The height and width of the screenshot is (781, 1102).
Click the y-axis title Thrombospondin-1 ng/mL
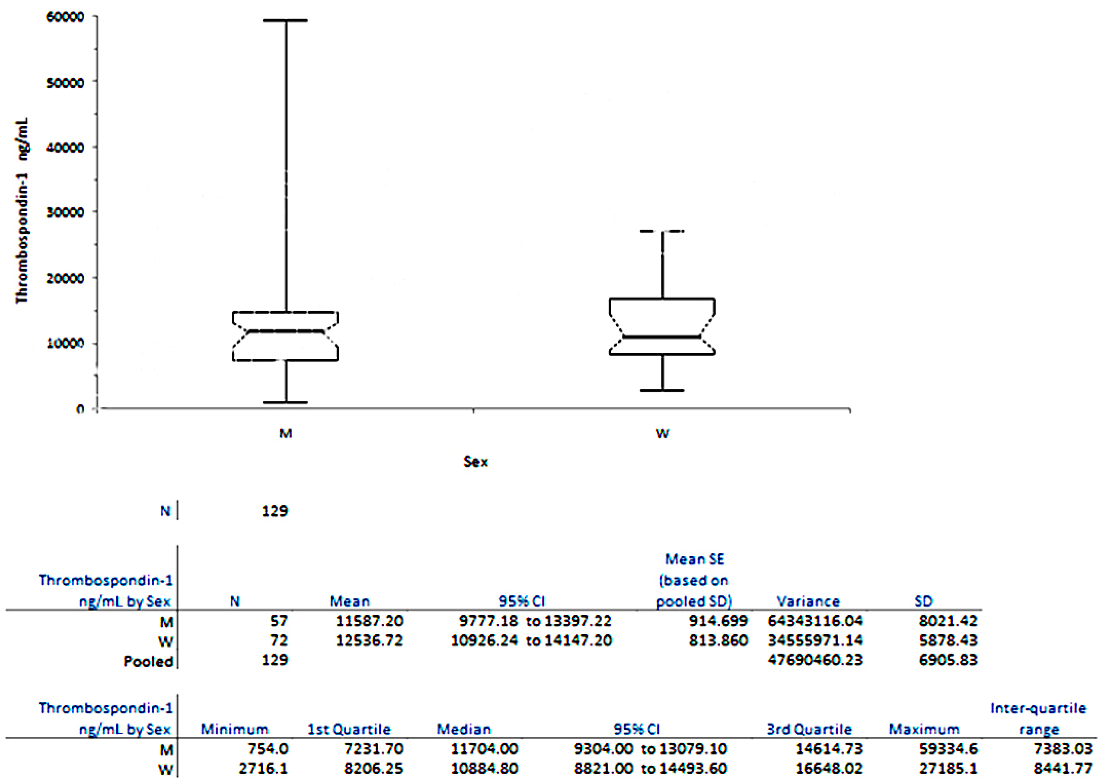point(22,211)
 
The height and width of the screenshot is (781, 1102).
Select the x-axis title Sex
point(475,462)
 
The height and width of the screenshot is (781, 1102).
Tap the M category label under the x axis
point(286,433)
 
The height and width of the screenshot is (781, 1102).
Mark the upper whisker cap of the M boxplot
point(286,21)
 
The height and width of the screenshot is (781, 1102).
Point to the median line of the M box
point(286,331)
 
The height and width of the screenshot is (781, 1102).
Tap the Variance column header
point(808,601)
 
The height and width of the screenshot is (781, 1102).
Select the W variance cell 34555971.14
point(815,641)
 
